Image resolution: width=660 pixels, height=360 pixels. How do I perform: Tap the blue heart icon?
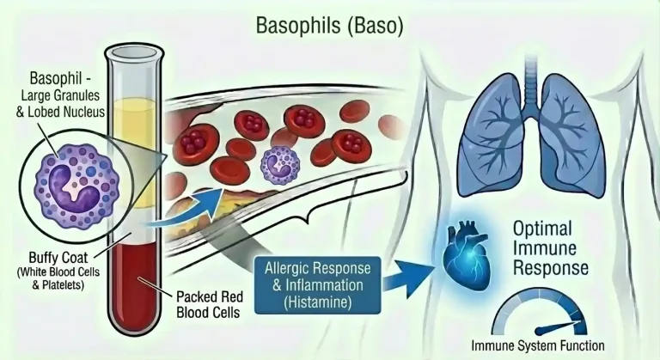point(467,249)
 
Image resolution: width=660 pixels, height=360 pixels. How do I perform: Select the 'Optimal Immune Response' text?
point(551,249)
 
